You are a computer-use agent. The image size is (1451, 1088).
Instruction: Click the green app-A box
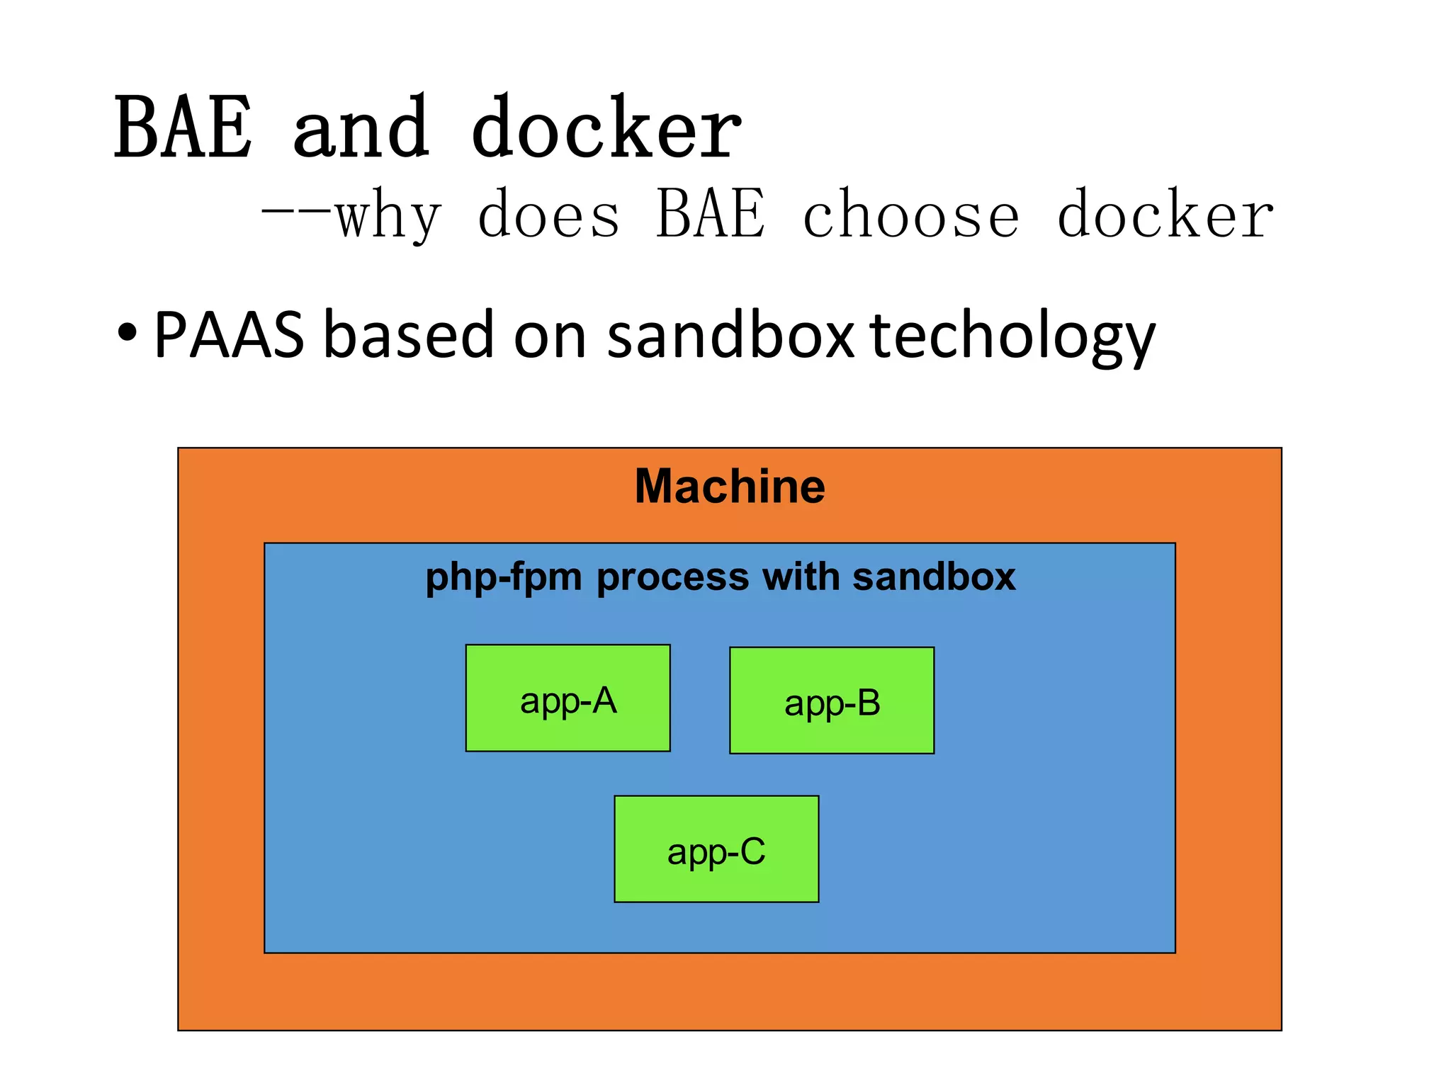pyautogui.click(x=568, y=698)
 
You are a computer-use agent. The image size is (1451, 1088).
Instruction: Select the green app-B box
pyautogui.click(x=832, y=701)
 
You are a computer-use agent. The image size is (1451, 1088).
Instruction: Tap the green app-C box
pyautogui.click(x=716, y=849)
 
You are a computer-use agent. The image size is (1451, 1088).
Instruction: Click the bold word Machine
pyautogui.click(x=730, y=487)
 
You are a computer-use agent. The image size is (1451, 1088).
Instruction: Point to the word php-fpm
pyautogui.click(x=504, y=578)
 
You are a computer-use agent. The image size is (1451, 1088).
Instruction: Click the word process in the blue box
pyautogui.click(x=672, y=578)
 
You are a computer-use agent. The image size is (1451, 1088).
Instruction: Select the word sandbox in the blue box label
pyautogui.click(x=934, y=577)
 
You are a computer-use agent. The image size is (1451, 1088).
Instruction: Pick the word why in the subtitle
pyautogui.click(x=388, y=215)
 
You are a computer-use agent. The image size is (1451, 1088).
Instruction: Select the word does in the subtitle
pyautogui.click(x=548, y=215)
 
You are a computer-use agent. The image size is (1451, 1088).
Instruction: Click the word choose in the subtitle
pyautogui.click(x=911, y=215)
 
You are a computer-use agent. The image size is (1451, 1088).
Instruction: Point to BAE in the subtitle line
pyautogui.click(x=711, y=214)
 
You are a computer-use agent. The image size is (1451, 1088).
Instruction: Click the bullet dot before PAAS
pyautogui.click(x=128, y=333)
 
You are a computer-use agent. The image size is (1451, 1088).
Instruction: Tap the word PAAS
pyautogui.click(x=229, y=334)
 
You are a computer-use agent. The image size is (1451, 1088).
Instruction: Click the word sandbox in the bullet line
pyautogui.click(x=730, y=334)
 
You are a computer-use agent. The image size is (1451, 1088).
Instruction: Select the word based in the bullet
pyautogui.click(x=408, y=334)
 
